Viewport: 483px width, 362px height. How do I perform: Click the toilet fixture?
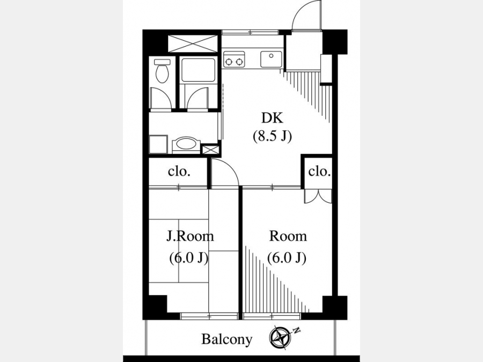point(162,71)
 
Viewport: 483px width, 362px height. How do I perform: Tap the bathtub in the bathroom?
point(199,70)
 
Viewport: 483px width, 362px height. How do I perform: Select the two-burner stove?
point(234,59)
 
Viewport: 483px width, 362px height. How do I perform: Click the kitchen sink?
point(271,59)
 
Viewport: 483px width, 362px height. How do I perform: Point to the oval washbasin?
point(186,144)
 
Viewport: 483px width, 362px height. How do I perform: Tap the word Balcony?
point(226,339)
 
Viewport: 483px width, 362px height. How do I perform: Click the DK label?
point(272,117)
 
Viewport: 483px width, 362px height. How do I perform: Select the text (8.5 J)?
point(272,136)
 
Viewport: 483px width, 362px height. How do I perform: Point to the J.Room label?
point(190,237)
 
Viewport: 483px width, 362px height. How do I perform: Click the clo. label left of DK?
point(179,172)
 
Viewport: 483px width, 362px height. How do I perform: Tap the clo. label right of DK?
point(319,172)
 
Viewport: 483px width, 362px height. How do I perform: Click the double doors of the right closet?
point(318,196)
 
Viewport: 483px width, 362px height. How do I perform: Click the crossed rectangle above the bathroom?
point(193,43)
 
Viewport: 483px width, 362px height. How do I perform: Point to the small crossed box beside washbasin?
point(211,150)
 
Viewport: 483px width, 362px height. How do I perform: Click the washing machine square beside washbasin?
point(158,144)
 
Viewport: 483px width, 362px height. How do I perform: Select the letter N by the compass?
point(296,331)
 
